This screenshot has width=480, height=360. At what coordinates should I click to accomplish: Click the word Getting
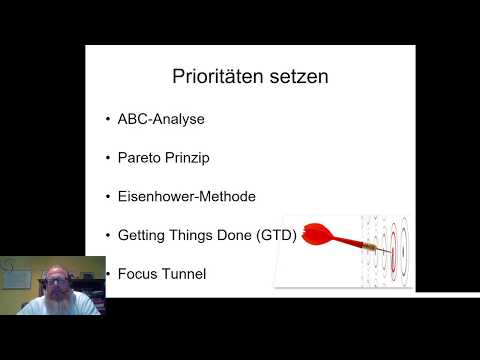(x=141, y=236)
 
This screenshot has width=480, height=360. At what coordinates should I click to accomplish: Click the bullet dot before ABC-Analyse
(x=108, y=120)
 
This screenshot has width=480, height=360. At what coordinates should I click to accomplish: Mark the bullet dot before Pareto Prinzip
(x=108, y=159)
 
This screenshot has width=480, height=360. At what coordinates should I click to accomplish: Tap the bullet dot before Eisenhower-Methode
(x=108, y=198)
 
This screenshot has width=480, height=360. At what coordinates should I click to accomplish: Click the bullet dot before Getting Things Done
(x=108, y=237)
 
